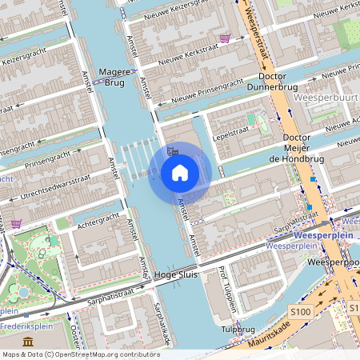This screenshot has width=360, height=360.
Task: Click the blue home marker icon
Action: tap(180, 171)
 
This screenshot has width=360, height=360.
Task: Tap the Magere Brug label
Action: tap(113, 77)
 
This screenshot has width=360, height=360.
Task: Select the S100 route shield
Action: tap(301, 310)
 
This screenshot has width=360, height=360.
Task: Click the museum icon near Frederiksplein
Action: tap(29, 342)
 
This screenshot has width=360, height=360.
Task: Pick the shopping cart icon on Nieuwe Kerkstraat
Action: tap(225, 38)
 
